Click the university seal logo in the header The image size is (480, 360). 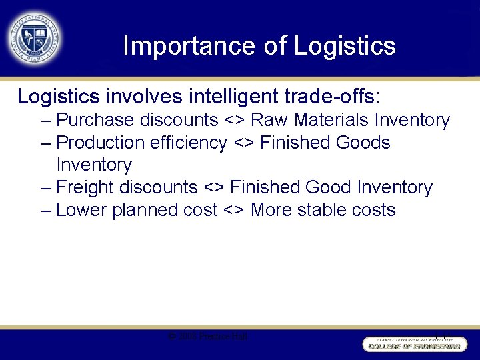34,38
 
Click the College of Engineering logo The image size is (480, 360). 413,344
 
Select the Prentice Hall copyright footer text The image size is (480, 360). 208,337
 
